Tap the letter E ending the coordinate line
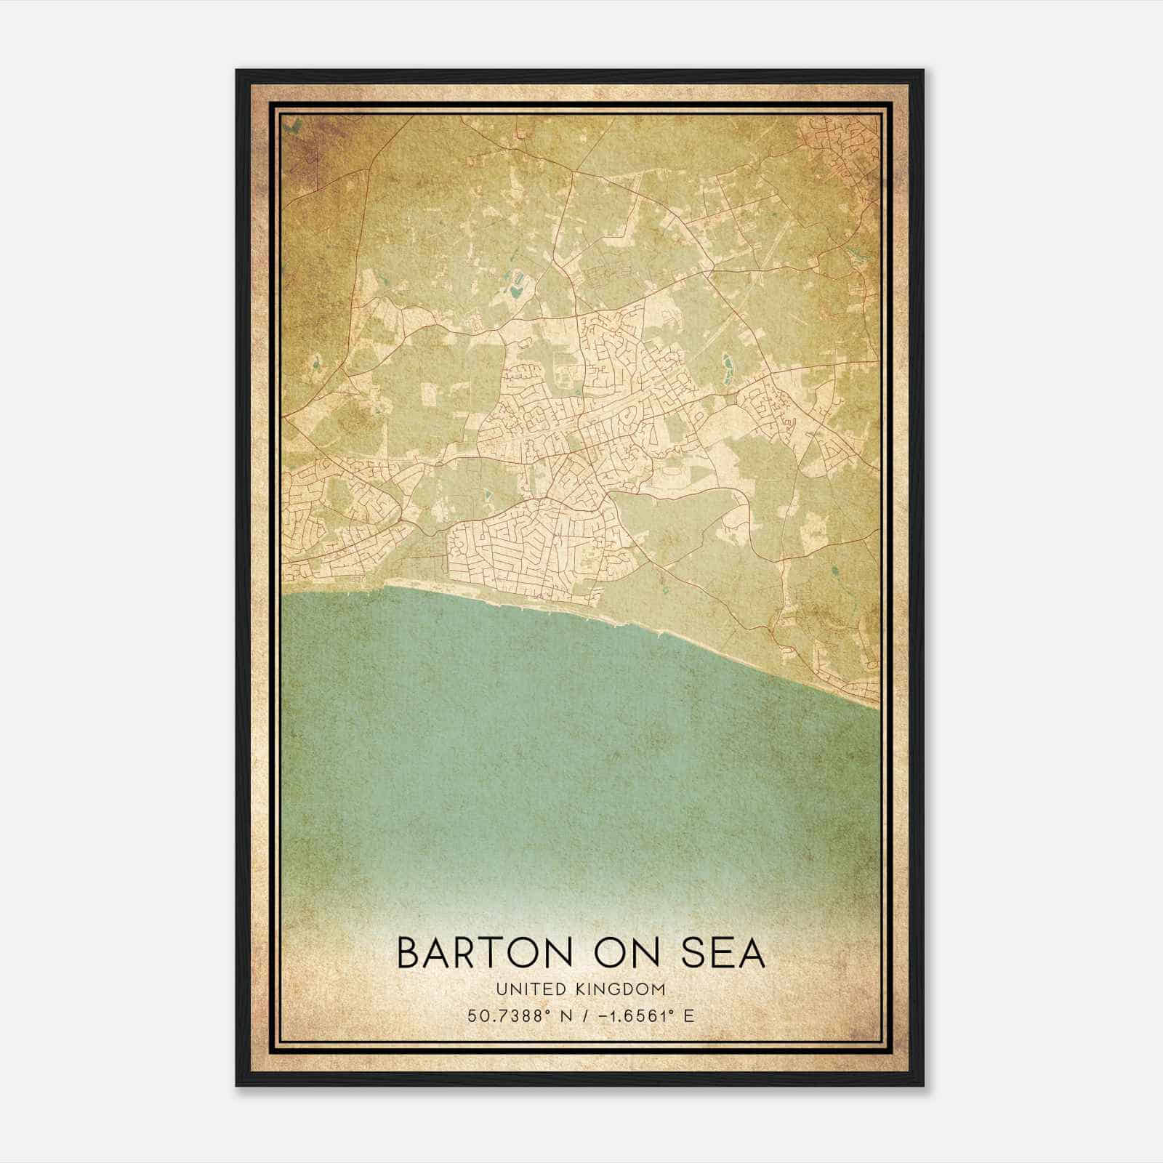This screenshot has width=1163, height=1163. pyautogui.click(x=689, y=1015)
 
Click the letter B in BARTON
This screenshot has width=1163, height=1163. pyautogui.click(x=409, y=953)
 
